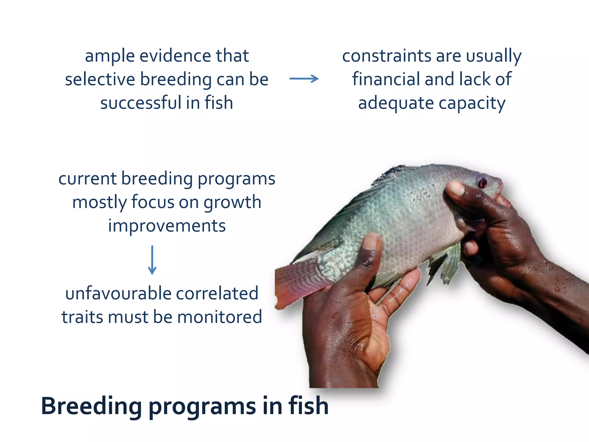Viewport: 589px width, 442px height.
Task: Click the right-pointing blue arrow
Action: pyautogui.click(x=304, y=79)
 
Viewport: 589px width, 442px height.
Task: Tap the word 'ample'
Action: pyautogui.click(x=110, y=56)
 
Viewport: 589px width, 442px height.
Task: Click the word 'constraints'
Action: pyautogui.click(x=387, y=56)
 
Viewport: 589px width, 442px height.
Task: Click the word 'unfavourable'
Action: pyautogui.click(x=118, y=294)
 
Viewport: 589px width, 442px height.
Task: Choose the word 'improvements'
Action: pyautogui.click(x=167, y=226)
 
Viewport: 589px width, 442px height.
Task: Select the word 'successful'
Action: pyautogui.click(x=141, y=103)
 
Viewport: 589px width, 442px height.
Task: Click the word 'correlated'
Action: pyautogui.click(x=217, y=294)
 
